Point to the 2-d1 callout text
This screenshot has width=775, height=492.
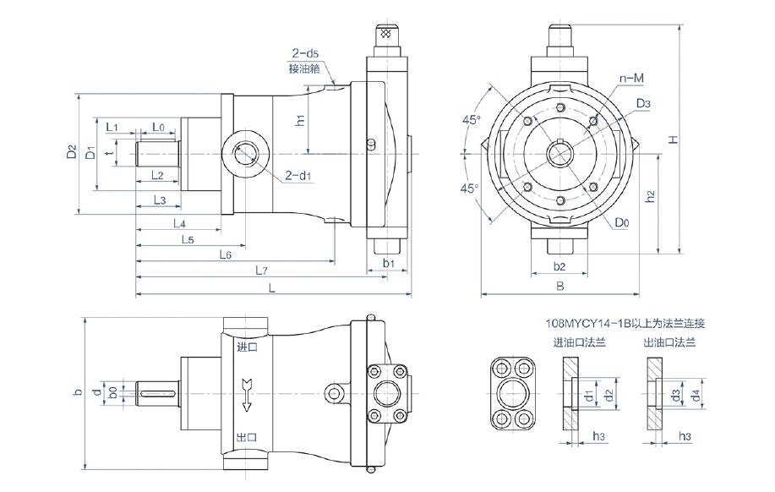(x=298, y=176)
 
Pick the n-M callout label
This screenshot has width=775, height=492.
(x=632, y=78)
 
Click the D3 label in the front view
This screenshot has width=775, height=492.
(x=643, y=103)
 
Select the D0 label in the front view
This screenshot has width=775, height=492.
(x=622, y=223)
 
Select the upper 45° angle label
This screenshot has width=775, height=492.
(x=472, y=120)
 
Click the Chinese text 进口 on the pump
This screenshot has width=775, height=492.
(x=247, y=347)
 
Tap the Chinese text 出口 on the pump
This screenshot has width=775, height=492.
(x=247, y=437)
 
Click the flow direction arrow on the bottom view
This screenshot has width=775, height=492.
(x=247, y=394)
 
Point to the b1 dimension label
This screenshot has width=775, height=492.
(x=388, y=264)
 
